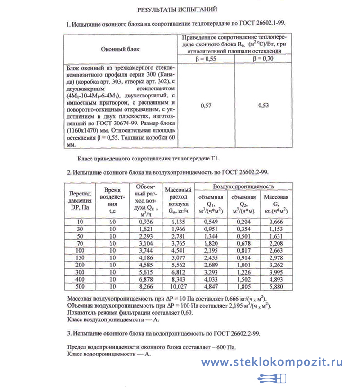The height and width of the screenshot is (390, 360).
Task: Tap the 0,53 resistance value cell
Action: coord(263,106)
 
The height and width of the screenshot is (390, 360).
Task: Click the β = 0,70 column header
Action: coord(263,59)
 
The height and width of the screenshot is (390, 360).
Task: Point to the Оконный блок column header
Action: coord(120,48)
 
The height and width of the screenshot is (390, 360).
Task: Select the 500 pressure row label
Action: coord(79,287)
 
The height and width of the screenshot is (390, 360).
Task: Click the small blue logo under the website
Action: coord(272,379)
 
